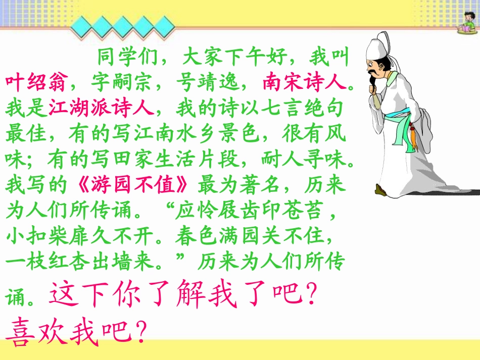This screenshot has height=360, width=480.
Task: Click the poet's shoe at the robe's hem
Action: (380, 190)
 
